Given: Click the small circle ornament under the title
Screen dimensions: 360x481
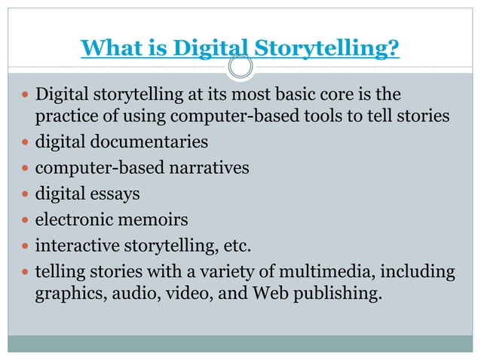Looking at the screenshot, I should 240,69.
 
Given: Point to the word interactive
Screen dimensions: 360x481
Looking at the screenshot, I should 75,246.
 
